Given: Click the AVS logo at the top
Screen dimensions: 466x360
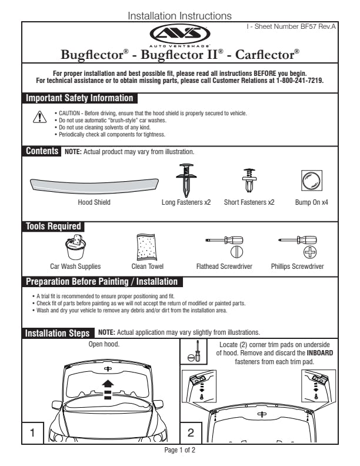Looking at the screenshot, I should [x=179, y=34].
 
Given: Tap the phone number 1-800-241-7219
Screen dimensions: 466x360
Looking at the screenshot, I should [x=299, y=80].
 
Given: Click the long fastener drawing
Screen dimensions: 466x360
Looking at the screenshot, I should [x=186, y=178].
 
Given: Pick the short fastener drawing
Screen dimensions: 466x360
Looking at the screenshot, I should [x=249, y=180].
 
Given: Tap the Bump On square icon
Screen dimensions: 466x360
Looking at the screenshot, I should [x=311, y=179].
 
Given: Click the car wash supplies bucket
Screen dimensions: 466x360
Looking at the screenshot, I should [x=76, y=247].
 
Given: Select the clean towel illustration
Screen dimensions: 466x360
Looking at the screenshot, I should [x=144, y=246].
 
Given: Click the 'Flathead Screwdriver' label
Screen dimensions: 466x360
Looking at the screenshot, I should [x=224, y=267].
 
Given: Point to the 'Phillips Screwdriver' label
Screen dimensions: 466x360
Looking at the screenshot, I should [x=297, y=267].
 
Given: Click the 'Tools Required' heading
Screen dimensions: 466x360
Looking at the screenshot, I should [x=53, y=227].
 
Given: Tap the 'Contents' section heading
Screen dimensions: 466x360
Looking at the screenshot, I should [x=41, y=152].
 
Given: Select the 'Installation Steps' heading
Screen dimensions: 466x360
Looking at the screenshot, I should [x=58, y=334].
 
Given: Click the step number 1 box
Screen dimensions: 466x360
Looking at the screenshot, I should [x=34, y=432].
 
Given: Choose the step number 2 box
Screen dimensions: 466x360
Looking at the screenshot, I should [x=191, y=432].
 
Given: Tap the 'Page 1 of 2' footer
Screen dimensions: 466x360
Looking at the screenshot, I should [x=179, y=450].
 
